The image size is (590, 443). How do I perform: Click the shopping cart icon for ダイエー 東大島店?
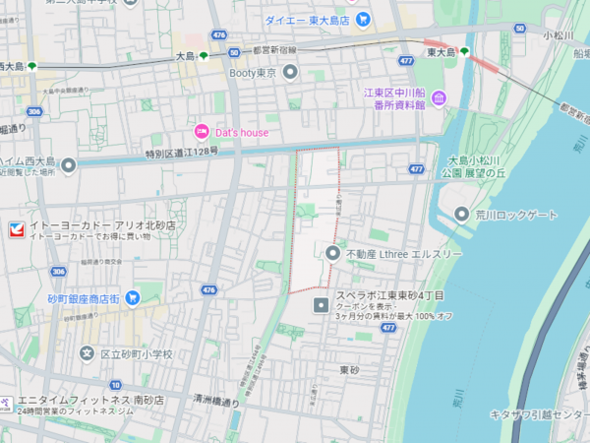(x=363, y=19)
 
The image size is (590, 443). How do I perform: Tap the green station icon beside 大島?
(x=204, y=56)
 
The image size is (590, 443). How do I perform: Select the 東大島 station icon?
(x=464, y=51)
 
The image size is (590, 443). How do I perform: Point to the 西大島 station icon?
(x=32, y=66)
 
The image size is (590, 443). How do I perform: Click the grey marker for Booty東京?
(x=290, y=71)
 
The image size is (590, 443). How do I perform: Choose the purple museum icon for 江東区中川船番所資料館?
(x=439, y=97)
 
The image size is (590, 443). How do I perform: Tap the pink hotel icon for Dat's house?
(x=202, y=131)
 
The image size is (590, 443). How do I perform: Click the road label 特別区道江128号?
(x=182, y=153)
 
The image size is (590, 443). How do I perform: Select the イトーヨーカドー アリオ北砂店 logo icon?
(x=14, y=230)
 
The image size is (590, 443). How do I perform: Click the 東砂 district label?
(x=350, y=370)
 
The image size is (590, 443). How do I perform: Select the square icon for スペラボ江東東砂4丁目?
(x=321, y=305)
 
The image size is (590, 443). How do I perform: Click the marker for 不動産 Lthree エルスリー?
(x=333, y=254)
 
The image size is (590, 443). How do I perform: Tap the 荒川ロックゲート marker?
(x=462, y=215)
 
